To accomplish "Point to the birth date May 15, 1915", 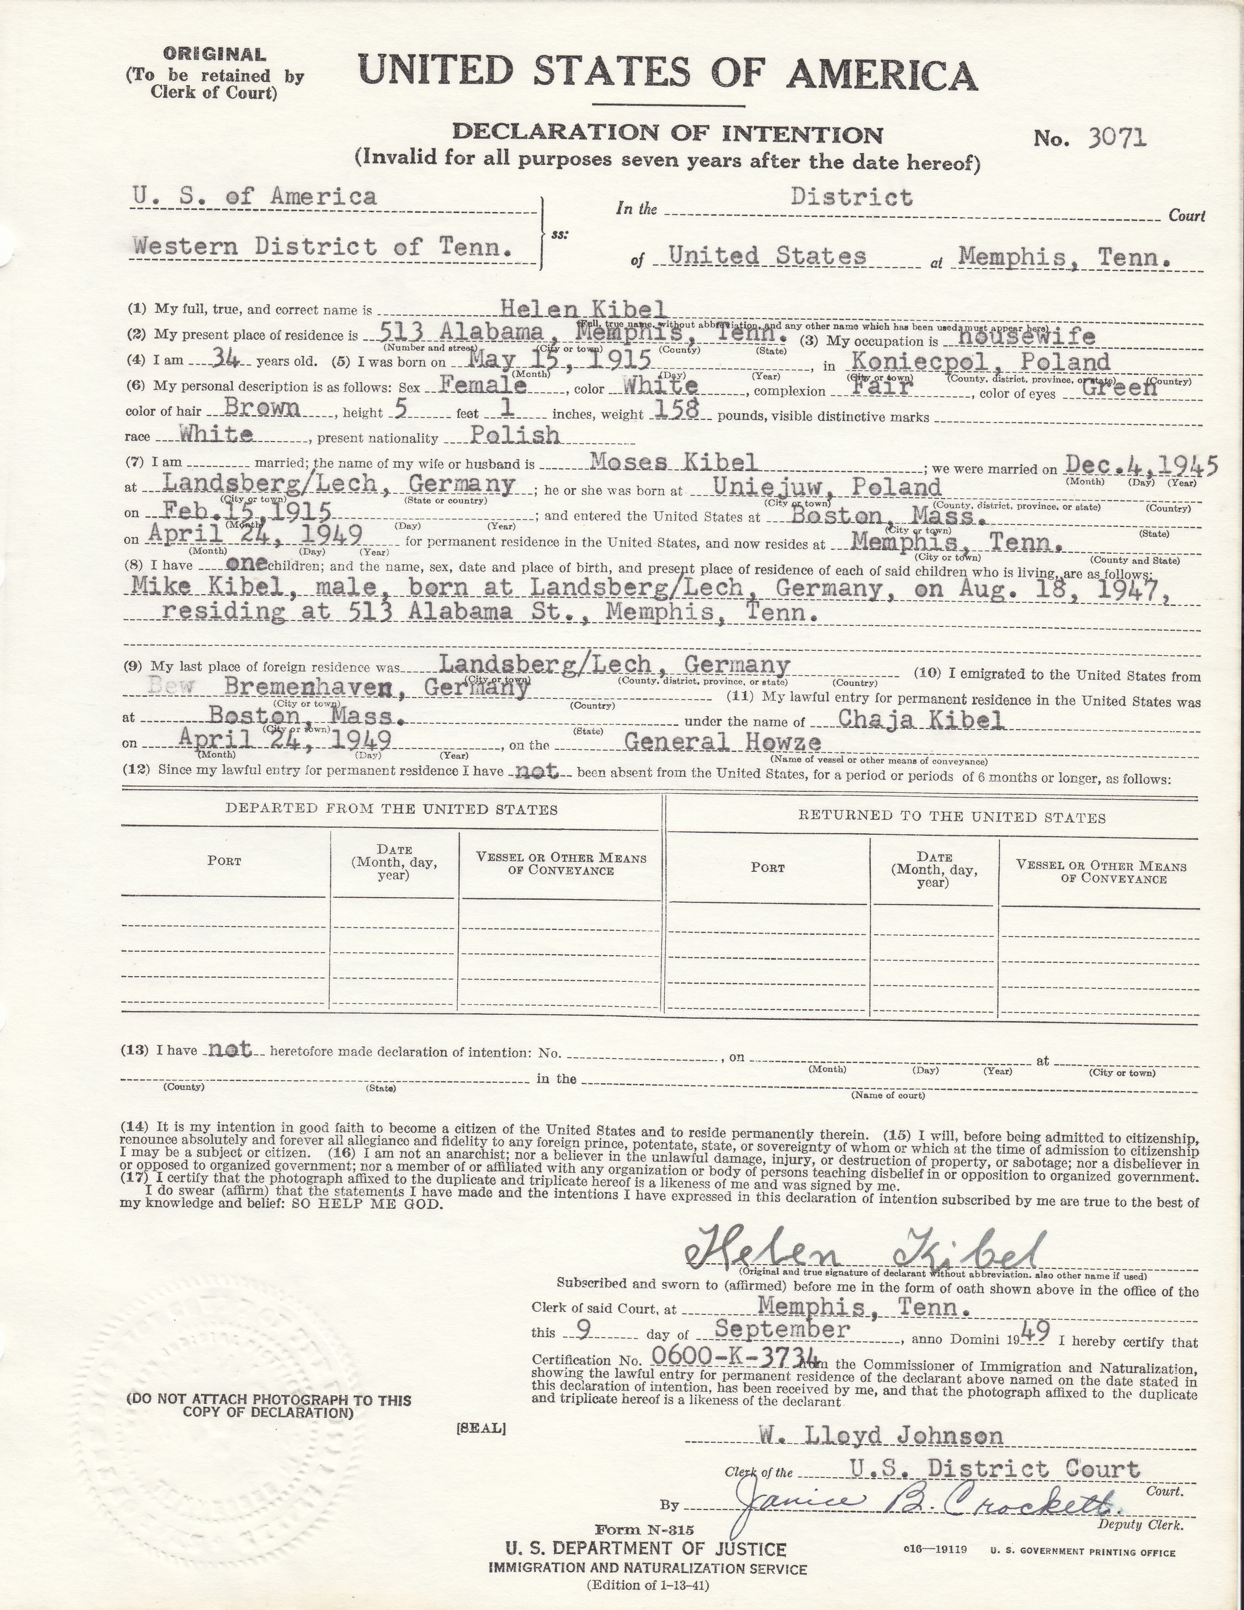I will [560, 359].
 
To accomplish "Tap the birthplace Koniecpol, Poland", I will [980, 361].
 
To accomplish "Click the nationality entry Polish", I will [514, 435].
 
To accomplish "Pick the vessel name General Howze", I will [722, 743].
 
